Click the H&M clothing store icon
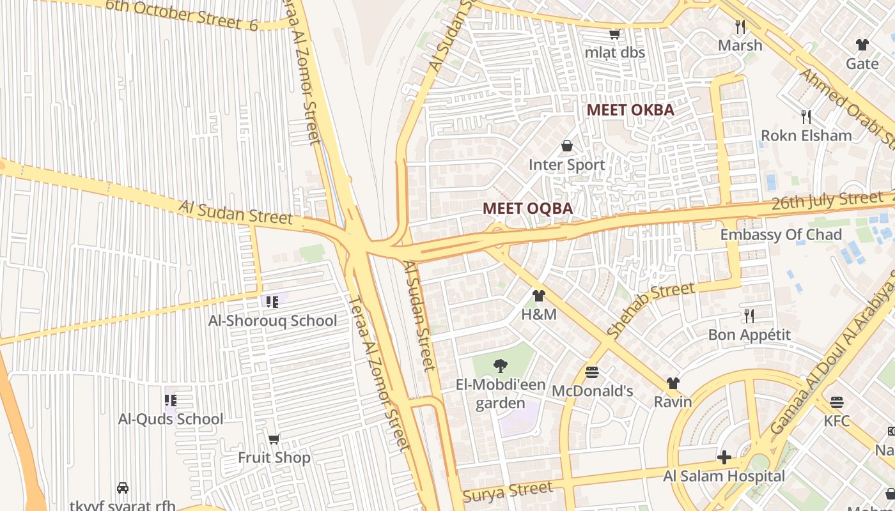(x=538, y=296)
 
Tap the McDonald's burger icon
(x=592, y=372)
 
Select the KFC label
(x=837, y=421)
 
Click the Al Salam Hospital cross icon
(x=724, y=457)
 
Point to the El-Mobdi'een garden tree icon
(x=501, y=365)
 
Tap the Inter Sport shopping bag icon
(x=566, y=146)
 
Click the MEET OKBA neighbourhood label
(x=630, y=110)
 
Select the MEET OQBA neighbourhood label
(x=527, y=208)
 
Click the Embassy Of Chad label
(x=781, y=234)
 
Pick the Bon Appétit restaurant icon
(x=749, y=316)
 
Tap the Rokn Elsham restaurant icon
(x=806, y=116)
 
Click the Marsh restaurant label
(x=740, y=45)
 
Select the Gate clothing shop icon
(x=862, y=45)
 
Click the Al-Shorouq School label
(x=272, y=321)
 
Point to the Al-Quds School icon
(x=171, y=400)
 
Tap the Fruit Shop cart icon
(x=274, y=439)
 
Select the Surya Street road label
(x=507, y=492)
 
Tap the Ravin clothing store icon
(x=673, y=383)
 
